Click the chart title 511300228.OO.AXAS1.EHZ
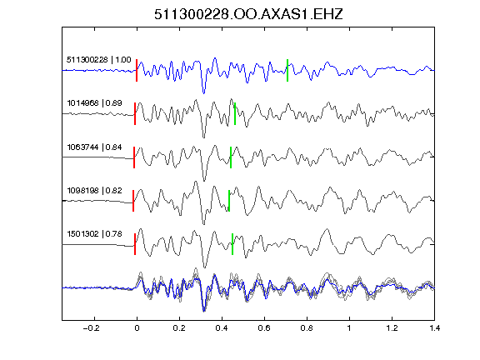tap(248, 14)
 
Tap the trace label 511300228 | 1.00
tap(99, 60)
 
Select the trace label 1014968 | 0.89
tap(95, 102)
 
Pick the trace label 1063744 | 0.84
tap(95, 147)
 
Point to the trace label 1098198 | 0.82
tap(95, 190)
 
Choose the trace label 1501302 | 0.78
tap(95, 234)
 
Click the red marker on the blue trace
tap(137, 70)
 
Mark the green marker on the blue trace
tap(287, 70)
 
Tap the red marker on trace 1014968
tap(135, 113)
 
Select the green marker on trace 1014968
tap(235, 113)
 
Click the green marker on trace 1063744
tap(231, 157)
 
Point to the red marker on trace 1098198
tap(133, 201)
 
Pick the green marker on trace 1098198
tap(229, 201)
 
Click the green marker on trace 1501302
tap(232, 244)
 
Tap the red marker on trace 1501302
tap(135, 244)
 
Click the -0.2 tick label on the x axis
tap(91, 328)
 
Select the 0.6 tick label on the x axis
tap(264, 328)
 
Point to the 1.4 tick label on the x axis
tap(434, 328)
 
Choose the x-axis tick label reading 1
tap(349, 328)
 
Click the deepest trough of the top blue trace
tap(204, 92)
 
